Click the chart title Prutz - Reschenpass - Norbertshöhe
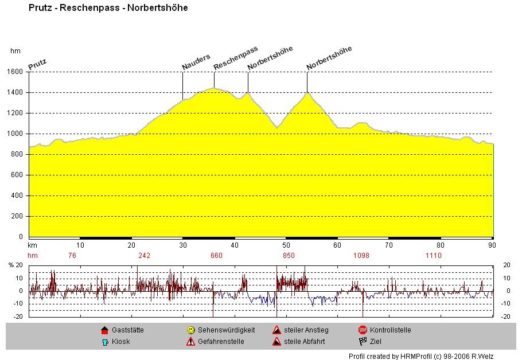coord(108,8)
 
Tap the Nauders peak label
coord(196,62)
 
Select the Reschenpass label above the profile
coord(236,58)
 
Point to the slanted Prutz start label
coord(37,63)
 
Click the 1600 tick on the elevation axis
coord(15,72)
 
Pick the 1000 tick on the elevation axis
coord(15,134)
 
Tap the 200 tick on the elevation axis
coord(17,216)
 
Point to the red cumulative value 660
coord(216,256)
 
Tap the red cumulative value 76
coord(72,256)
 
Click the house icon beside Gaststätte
coord(104,330)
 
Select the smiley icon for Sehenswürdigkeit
coord(190,330)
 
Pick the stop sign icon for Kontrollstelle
coord(363,330)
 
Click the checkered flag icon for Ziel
coord(363,342)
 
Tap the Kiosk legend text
coord(121,342)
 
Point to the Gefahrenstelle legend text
coord(221,342)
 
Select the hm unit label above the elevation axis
coord(15,51)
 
